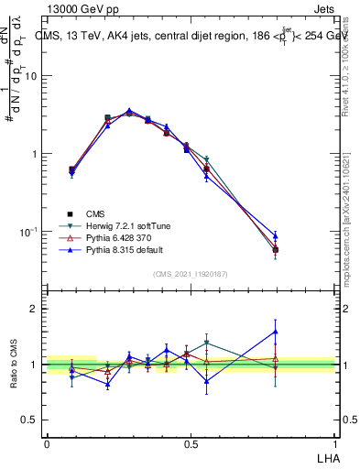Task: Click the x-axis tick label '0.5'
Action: (191, 442)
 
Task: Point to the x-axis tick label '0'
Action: (47, 442)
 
